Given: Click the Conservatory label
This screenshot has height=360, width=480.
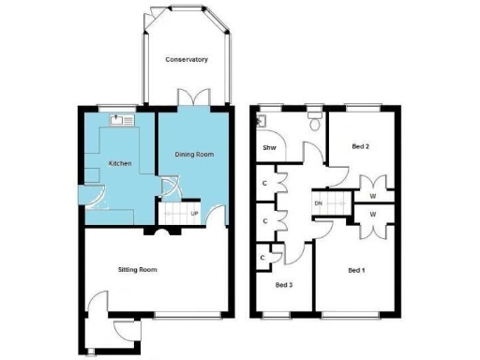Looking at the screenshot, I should (187, 60).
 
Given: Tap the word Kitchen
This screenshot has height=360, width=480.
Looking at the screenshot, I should (120, 164).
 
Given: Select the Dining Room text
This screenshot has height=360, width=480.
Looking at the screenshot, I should (195, 155).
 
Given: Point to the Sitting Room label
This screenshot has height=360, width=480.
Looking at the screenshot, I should (138, 270).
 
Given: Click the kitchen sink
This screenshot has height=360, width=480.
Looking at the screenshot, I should (122, 120).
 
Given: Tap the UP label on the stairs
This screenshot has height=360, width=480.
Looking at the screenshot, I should (194, 214).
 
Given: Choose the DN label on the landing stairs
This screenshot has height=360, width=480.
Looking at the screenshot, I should (319, 203).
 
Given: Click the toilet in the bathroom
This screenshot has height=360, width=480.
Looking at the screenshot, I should (316, 123).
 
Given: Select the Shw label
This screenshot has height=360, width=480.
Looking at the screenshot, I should (268, 148).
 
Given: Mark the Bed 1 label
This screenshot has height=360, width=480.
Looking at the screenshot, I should (355, 270).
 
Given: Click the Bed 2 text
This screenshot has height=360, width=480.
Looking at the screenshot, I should (360, 147).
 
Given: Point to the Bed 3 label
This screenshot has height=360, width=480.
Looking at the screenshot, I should (284, 284).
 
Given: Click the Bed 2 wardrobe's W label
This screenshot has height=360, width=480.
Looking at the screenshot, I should (373, 196).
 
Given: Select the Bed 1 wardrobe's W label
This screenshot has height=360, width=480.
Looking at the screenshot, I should (373, 215).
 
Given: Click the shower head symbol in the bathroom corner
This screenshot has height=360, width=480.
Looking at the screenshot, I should (264, 120).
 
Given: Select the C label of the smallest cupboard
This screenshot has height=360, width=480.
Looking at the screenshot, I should (264, 257).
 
